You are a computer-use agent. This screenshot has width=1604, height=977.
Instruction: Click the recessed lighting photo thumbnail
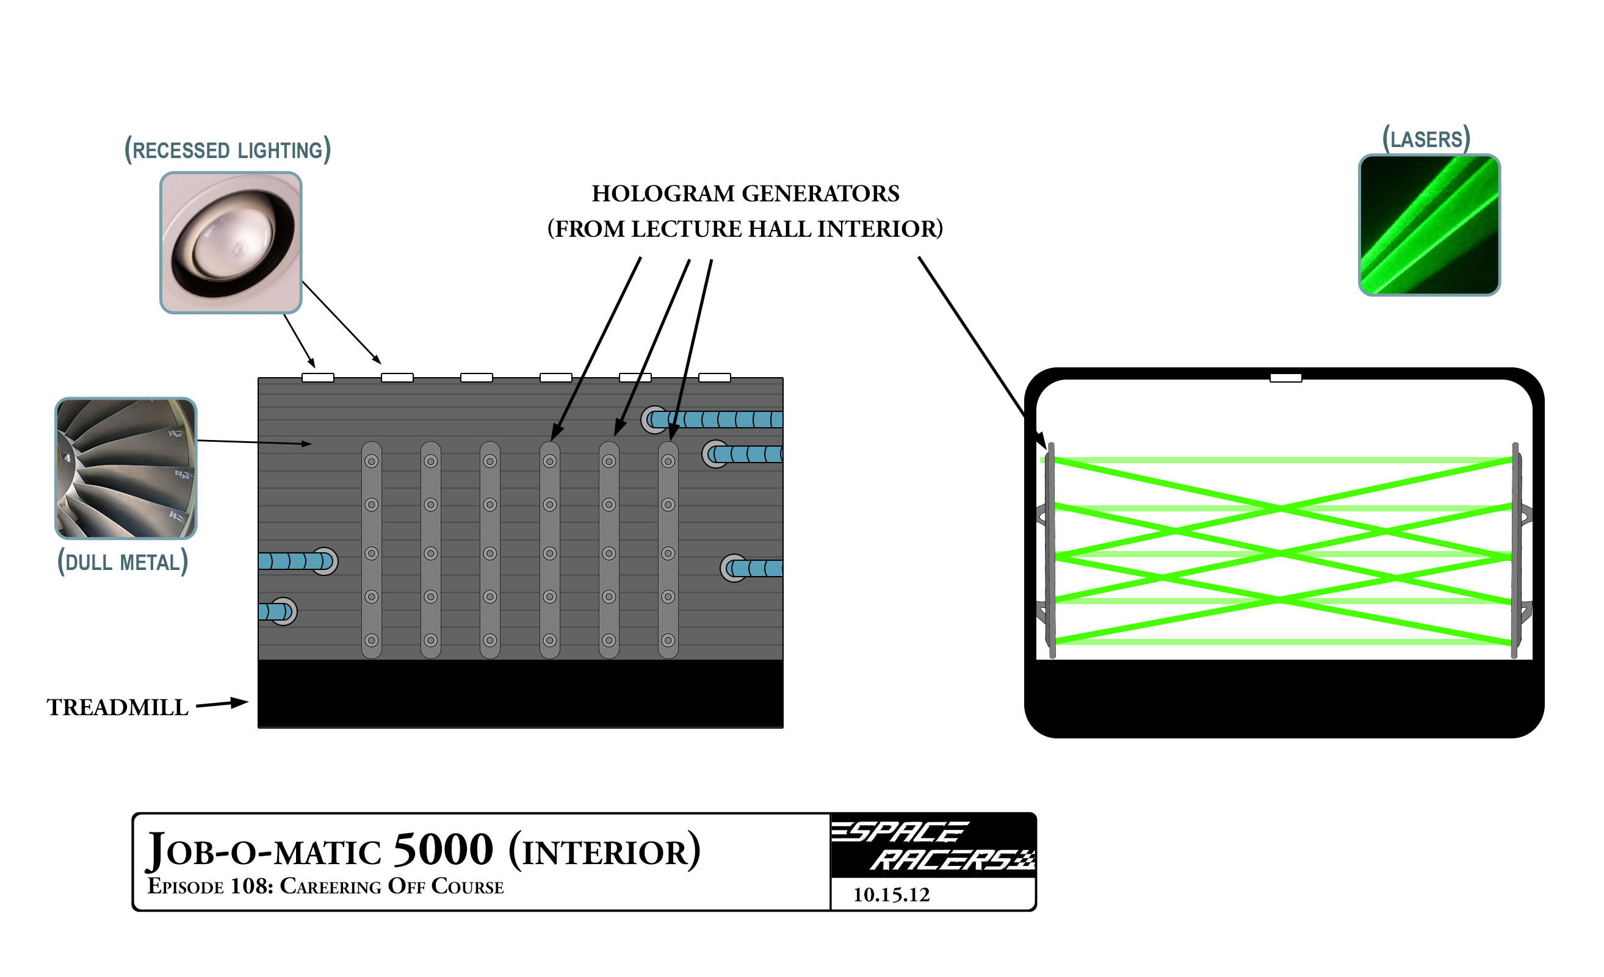231,242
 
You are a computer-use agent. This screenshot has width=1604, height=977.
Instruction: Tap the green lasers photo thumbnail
1429,225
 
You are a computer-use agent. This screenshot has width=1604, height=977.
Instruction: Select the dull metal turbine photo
126,468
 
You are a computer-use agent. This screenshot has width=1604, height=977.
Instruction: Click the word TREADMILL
117,707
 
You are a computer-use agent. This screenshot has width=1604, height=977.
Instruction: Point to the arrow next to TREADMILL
222,703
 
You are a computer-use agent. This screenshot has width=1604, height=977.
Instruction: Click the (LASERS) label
1426,139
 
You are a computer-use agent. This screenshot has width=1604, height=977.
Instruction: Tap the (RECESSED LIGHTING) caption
228,150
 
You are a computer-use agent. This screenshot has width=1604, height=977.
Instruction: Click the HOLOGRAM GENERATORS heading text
745,193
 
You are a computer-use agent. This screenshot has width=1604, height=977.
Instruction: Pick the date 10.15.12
891,895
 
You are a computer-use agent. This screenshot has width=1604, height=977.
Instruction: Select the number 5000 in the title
443,849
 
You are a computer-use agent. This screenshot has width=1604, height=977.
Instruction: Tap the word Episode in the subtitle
186,887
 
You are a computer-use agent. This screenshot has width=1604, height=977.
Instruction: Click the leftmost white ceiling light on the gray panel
317,378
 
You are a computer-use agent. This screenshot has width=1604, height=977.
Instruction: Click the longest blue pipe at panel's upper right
716,419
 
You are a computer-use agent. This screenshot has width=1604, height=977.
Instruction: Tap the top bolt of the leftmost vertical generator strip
371,461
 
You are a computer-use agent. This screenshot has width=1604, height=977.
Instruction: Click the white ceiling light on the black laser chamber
1285,378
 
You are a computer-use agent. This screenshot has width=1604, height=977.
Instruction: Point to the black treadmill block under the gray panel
520,693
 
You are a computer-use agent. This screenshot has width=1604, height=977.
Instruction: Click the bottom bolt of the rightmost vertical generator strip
668,640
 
